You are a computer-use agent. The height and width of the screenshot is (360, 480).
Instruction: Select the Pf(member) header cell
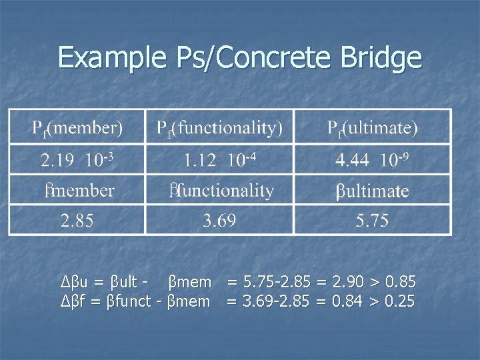pos(78,127)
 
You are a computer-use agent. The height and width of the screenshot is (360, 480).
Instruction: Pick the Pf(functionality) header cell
pos(219,127)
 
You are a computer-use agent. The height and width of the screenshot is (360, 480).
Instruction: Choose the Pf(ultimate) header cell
pos(372,127)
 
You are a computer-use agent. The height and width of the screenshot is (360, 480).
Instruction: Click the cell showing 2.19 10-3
pos(78,159)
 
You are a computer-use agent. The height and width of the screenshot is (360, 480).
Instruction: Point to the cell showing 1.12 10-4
pos(219,159)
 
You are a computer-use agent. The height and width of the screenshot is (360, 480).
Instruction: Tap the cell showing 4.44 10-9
pos(372,159)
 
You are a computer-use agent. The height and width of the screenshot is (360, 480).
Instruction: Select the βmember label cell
pos(78,191)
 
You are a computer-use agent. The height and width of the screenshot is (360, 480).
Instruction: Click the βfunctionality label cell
pos(219,191)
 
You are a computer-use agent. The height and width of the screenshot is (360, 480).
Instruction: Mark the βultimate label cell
pos(372,191)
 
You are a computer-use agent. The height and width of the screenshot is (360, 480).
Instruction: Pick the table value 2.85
pos(78,221)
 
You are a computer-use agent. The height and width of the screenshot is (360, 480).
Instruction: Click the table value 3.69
pos(219,221)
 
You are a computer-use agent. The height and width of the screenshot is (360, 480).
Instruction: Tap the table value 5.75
pos(372,221)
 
